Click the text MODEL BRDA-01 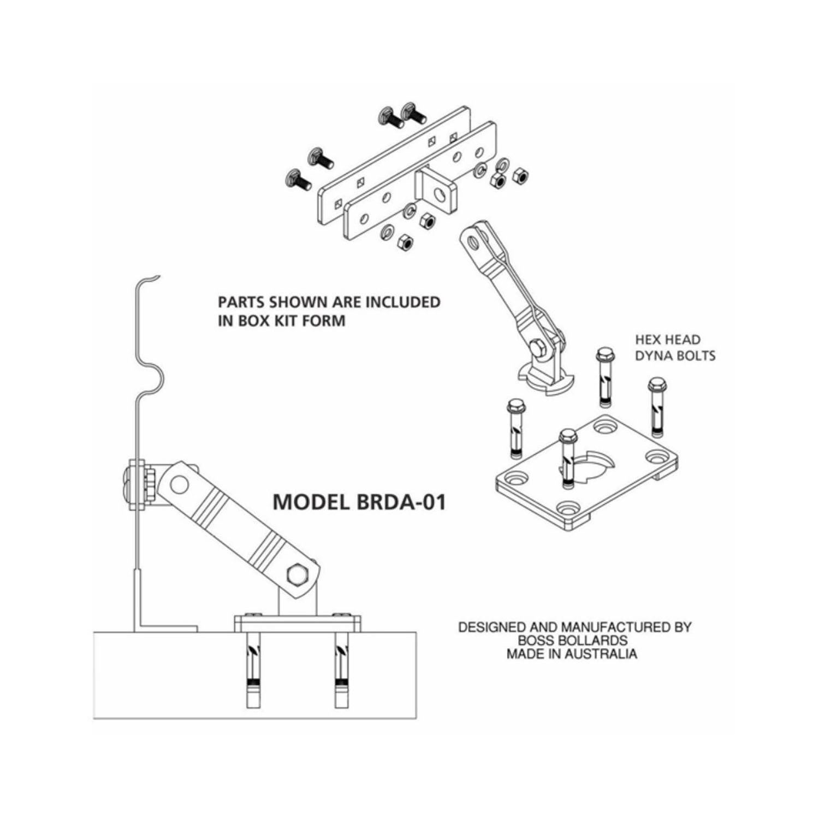point(359,502)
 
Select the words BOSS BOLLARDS point(572,640)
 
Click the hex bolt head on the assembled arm point(296,574)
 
